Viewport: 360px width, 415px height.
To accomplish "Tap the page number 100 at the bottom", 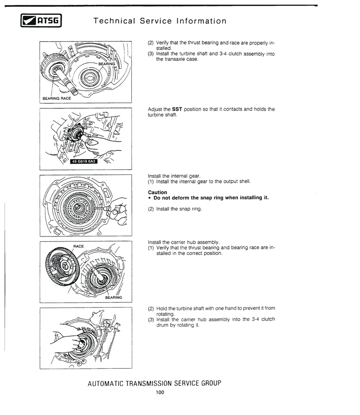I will click(160, 393).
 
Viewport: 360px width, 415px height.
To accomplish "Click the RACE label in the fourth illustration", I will click(79, 246).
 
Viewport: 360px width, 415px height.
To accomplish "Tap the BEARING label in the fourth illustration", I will click(113, 297).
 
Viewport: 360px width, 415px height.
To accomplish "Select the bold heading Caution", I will click(157, 192).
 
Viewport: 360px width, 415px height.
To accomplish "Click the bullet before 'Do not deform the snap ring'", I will click(149, 198).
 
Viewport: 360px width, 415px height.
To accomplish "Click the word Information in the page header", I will click(201, 21).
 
